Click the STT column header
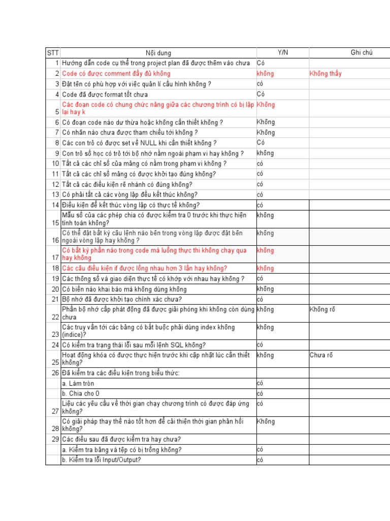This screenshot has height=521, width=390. pyautogui.click(x=53, y=53)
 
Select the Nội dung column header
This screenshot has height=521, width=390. pyautogui.click(x=158, y=53)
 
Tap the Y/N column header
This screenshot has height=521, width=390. pyautogui.click(x=282, y=53)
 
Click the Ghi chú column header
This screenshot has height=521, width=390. pyautogui.click(x=362, y=53)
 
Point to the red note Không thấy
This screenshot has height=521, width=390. pyautogui.click(x=326, y=74)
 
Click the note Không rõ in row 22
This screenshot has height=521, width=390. pyautogui.click(x=322, y=309)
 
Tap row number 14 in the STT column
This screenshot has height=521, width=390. pyautogui.click(x=55, y=205)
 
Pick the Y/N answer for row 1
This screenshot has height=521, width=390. pyautogui.click(x=261, y=63)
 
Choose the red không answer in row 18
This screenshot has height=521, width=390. pyautogui.click(x=265, y=268)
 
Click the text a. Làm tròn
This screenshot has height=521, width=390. pyautogui.click(x=78, y=383)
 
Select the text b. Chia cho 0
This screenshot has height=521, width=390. pyautogui.click(x=81, y=393)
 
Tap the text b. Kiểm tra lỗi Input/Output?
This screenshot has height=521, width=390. pyautogui.click(x=102, y=460)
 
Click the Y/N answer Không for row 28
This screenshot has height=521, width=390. pyautogui.click(x=266, y=421)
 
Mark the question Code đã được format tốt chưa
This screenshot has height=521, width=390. pyautogui.click(x=105, y=94)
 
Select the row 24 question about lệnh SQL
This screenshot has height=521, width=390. pyautogui.click(x=134, y=345)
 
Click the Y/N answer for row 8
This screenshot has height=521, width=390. pyautogui.click(x=261, y=142)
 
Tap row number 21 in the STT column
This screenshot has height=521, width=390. pyautogui.click(x=55, y=299)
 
